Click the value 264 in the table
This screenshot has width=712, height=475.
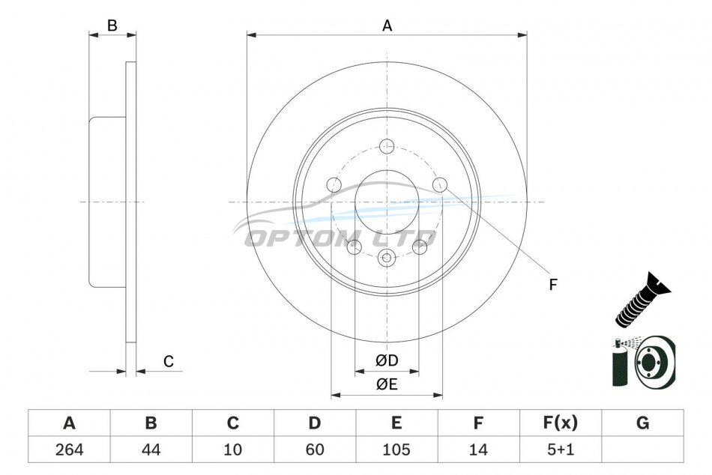pyautogui.click(x=69, y=450)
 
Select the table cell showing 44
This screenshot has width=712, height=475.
pyautogui.click(x=151, y=450)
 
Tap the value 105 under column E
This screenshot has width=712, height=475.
pyautogui.click(x=396, y=450)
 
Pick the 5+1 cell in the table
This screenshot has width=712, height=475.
pyautogui.click(x=561, y=450)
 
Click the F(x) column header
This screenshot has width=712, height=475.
pyautogui.click(x=561, y=423)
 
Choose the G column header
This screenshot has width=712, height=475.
pyautogui.click(x=642, y=423)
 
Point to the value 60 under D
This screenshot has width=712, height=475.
pyautogui.click(x=315, y=450)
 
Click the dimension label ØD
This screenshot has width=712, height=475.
pyautogui.click(x=387, y=360)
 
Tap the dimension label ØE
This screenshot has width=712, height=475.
pyautogui.click(x=387, y=384)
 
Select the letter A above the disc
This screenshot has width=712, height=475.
pyautogui.click(x=387, y=26)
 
